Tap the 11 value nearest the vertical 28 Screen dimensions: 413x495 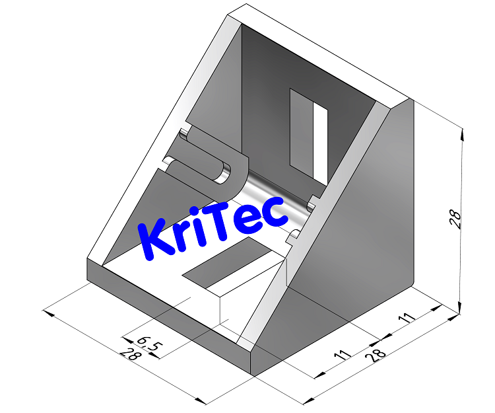[x=407, y=318]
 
